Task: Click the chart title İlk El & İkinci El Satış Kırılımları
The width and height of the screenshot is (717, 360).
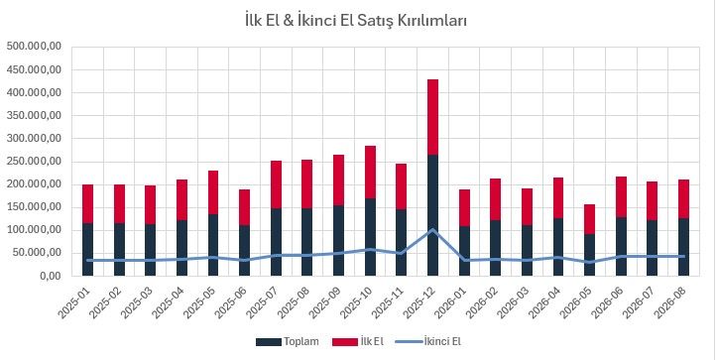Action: [x=356, y=21]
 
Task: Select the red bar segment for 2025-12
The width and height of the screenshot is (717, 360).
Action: [x=432, y=117]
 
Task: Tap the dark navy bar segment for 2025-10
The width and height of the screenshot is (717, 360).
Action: [x=370, y=237]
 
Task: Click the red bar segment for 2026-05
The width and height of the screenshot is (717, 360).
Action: [x=589, y=219]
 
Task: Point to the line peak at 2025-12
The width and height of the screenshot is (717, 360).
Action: [x=432, y=230]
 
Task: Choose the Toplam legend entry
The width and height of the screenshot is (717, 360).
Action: [x=288, y=342]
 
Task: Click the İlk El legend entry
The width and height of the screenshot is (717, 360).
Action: [x=358, y=342]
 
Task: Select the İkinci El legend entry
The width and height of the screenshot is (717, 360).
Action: [x=431, y=342]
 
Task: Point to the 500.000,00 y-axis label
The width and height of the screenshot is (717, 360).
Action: [x=34, y=47]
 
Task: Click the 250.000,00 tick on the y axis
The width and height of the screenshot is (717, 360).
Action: [x=34, y=162]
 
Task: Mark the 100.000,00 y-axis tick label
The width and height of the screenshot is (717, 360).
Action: [x=34, y=230]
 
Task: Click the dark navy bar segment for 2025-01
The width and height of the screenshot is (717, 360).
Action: [x=88, y=249]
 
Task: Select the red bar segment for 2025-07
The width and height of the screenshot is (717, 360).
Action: [x=276, y=184]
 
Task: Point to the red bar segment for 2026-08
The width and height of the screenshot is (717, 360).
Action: [x=683, y=199]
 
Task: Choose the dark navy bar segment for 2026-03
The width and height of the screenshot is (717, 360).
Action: [x=527, y=250]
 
